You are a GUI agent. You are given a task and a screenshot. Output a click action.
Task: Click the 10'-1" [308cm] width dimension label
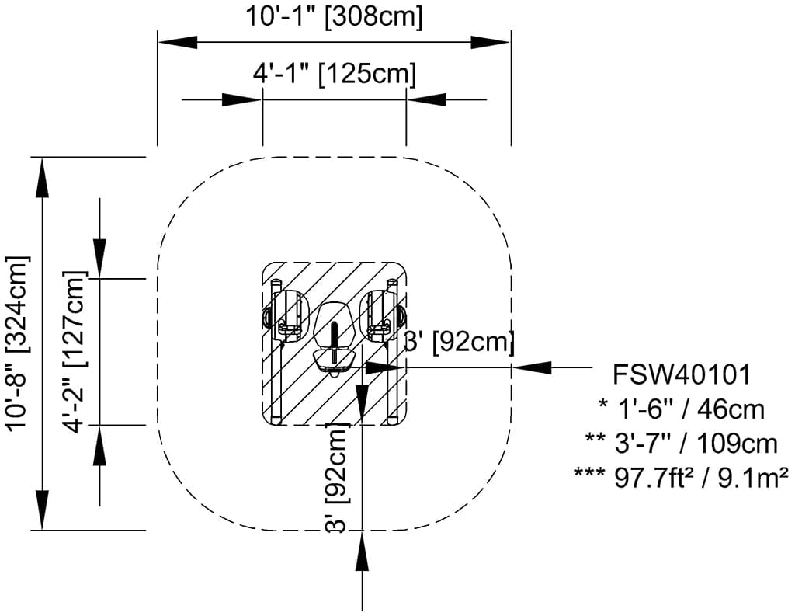tap(334, 16)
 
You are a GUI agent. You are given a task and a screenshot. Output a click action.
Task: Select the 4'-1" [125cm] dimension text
tap(335, 74)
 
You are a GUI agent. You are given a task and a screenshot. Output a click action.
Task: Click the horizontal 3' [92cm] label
tap(459, 341)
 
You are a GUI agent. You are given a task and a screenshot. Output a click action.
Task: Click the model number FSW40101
tap(682, 375)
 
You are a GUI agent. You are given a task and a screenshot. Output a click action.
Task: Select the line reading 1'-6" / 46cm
tap(682, 409)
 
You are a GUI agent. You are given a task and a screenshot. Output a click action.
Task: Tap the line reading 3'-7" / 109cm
tap(682, 444)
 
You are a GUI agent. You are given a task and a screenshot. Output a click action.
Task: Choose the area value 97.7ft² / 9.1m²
tap(682, 478)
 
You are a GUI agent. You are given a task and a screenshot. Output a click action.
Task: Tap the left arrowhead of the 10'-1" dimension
tap(178, 43)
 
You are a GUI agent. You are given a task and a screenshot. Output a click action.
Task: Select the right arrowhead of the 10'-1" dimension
tap(491, 43)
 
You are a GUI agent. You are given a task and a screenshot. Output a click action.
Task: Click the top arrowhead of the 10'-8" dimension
tap(43, 178)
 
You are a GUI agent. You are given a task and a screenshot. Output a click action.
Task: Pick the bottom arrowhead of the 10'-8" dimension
tap(43, 510)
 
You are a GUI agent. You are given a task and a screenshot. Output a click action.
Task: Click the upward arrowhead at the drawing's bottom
tap(362, 552)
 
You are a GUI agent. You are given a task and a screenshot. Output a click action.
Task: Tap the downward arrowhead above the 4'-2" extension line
tap(99, 258)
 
